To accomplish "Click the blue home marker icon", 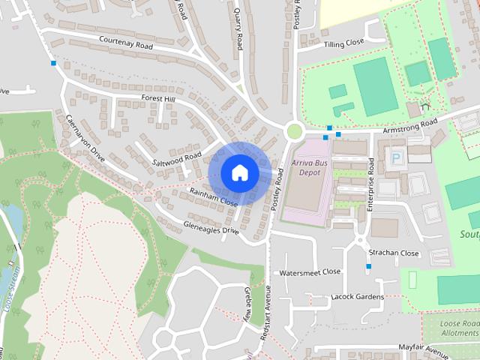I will (240, 172).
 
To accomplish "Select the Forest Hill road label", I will (157, 99).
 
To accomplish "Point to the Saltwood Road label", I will (177, 158).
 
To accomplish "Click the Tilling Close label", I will (343, 44).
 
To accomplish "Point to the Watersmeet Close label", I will (310, 272).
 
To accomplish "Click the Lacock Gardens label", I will (357, 297).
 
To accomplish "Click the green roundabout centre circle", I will (295, 132).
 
